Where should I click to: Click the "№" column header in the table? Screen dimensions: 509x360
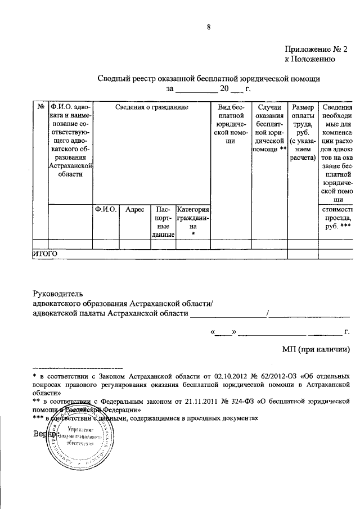[x=40, y=106]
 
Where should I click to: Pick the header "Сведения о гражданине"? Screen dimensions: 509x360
[x=151, y=106]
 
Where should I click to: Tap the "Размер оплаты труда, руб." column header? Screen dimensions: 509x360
[x=303, y=132]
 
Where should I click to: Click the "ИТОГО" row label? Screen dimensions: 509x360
[x=46, y=254]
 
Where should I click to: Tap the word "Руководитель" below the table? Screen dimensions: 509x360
[x=58, y=292]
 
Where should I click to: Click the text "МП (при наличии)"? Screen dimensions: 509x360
[x=316, y=349]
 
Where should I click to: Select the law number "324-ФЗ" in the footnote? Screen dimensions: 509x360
[x=238, y=401]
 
